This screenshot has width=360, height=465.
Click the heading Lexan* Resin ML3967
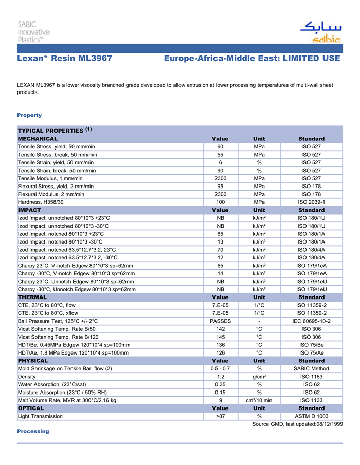click(64, 59)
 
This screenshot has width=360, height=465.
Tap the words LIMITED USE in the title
click(310, 59)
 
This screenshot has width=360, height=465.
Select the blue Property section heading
click(29, 115)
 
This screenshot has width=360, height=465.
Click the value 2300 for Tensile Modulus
click(220, 178)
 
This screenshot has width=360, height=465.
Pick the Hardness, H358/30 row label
click(41, 202)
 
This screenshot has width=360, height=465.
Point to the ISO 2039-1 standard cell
click(311, 202)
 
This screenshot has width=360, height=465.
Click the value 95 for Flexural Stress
click(220, 186)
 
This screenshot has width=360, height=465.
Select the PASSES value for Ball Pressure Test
click(220, 321)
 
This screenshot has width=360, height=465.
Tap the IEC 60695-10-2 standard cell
click(311, 321)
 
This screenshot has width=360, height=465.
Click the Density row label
click(27, 377)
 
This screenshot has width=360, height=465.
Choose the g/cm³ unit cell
click(259, 377)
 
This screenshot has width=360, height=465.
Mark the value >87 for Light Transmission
click(220, 416)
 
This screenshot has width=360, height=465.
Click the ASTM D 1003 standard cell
click(311, 416)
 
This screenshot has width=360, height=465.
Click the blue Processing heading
click(33, 431)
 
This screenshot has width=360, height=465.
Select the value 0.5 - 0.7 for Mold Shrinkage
click(220, 368)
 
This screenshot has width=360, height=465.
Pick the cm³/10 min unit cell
click(259, 400)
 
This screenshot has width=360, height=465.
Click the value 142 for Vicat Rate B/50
click(220, 329)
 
